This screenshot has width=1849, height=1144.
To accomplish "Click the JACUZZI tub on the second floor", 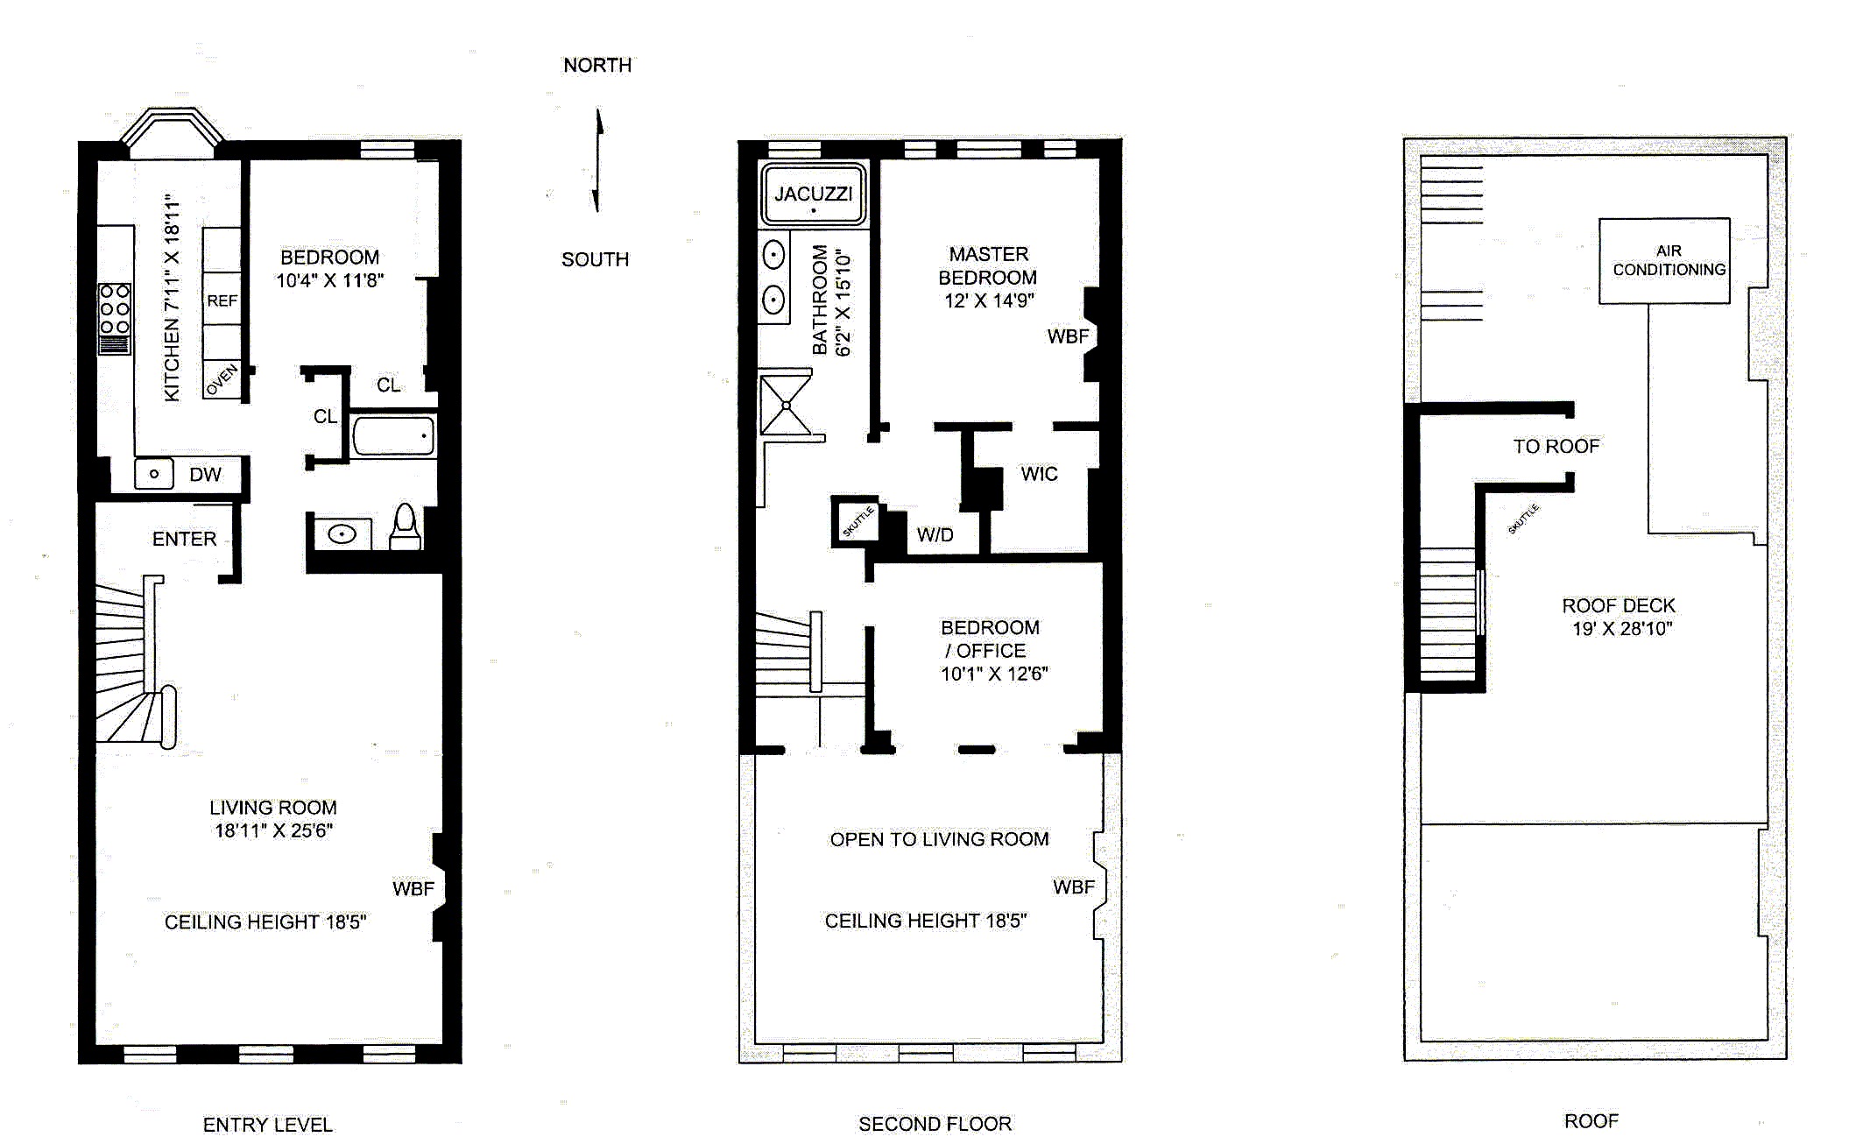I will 813,194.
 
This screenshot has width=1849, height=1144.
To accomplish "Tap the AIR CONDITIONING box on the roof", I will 1664,261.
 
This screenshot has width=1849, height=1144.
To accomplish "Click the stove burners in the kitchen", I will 115,309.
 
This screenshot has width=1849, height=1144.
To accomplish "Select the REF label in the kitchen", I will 222,300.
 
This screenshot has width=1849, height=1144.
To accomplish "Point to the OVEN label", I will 222,380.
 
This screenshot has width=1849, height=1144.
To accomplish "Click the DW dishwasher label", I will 205,474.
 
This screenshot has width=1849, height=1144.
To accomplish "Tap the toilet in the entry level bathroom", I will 405,526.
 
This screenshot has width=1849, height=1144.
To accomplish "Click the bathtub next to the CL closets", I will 393,435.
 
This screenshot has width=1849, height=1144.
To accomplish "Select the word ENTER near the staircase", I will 184,539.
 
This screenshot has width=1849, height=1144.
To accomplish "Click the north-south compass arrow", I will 598,159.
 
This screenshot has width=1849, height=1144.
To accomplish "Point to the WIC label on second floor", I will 1039,474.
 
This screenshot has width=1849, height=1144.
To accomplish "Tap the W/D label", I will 935,534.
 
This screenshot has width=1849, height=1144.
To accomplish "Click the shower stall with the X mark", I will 786,405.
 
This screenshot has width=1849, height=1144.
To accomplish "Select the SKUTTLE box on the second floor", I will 857,522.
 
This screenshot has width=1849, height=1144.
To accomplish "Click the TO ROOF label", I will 1556,446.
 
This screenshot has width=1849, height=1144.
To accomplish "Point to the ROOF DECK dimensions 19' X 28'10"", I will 1621,628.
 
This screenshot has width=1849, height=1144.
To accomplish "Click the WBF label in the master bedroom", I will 1068,336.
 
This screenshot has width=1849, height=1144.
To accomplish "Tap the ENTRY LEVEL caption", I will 267,1124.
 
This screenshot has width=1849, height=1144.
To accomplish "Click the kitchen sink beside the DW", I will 154,474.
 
